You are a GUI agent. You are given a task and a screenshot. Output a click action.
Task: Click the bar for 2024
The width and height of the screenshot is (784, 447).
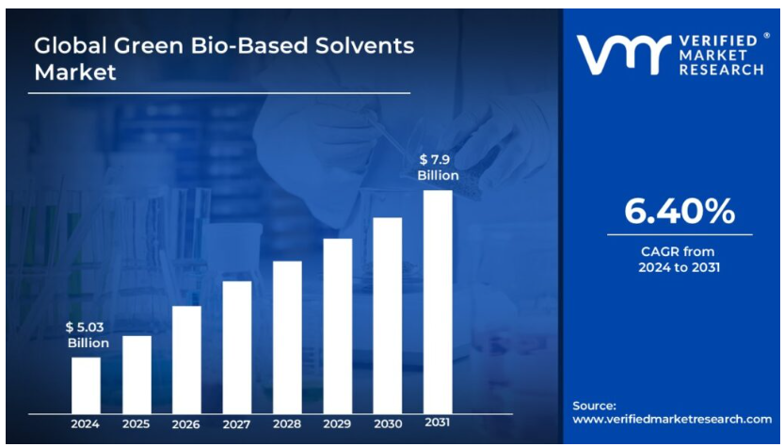pos(86,385)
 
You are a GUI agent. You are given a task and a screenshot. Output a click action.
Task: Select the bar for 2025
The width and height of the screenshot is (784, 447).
pos(136,375)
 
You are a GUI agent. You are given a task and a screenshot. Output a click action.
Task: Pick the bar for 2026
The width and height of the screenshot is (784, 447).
pos(186,359)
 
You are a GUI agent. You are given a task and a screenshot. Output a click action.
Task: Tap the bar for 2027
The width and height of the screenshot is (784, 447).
pos(237,347)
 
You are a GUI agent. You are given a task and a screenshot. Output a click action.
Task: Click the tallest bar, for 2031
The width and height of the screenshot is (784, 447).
pos(438,301)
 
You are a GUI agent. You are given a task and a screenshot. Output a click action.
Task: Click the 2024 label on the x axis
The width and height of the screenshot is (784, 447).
pos(86,424)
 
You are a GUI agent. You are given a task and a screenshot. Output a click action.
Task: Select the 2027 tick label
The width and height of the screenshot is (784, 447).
pos(237,424)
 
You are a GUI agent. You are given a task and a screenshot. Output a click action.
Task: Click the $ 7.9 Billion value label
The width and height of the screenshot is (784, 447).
pos(438,168)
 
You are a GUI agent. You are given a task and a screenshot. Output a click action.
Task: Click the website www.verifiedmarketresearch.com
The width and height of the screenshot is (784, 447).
pos(672,419)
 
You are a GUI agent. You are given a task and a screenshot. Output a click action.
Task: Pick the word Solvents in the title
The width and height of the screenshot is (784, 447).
pos(366,45)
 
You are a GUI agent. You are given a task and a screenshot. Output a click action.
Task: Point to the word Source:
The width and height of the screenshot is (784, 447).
pos(595,405)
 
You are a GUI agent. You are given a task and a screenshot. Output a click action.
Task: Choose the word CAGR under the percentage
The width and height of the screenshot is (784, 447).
pos(658,251)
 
